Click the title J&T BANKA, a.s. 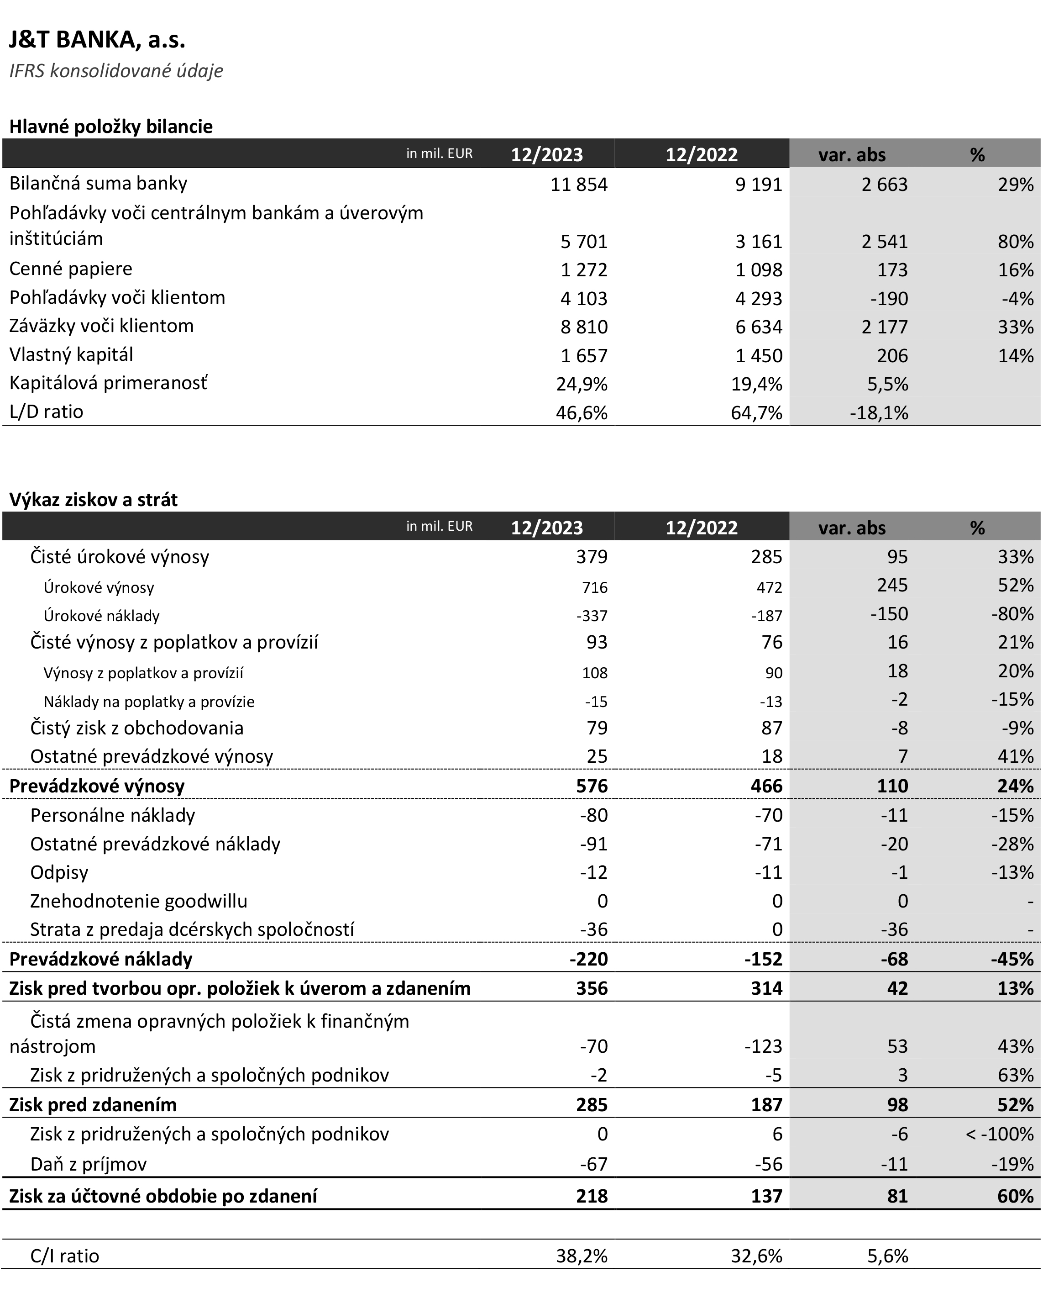tap(97, 40)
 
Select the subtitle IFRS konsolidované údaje tap(116, 71)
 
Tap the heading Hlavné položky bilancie tap(111, 127)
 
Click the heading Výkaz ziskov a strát tap(94, 500)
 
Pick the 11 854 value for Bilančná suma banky tap(579, 185)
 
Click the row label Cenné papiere tap(71, 269)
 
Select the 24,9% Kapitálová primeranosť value tap(581, 384)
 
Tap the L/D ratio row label tap(46, 412)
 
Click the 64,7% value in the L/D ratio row tap(756, 413)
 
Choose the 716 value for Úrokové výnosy tap(594, 587)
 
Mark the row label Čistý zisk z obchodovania tap(137, 728)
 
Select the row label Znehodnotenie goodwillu tap(139, 901)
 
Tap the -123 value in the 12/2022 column tap(763, 1046)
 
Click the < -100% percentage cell tap(999, 1135)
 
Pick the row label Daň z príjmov tap(88, 1164)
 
